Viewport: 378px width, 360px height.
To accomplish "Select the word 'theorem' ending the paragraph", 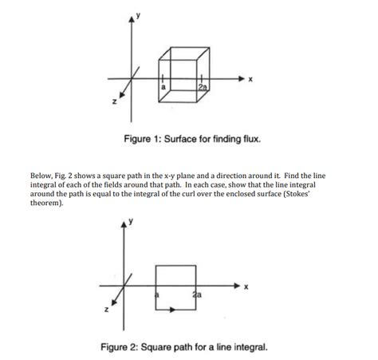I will click(47, 204).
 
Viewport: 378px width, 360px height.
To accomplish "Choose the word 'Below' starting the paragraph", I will click(42, 175).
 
